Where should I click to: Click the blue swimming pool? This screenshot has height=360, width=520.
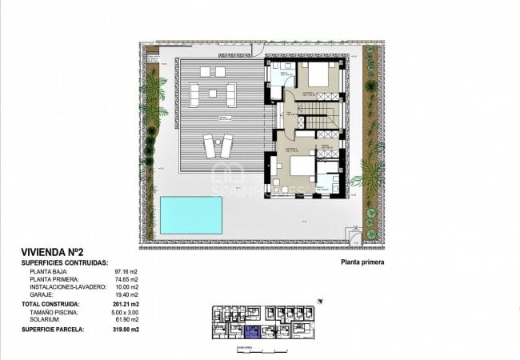click(190, 214)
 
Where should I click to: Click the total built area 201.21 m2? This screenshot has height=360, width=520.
click(126, 305)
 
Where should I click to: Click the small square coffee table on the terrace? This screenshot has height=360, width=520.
click(213, 94)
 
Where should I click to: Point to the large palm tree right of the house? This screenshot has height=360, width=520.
click(370, 172)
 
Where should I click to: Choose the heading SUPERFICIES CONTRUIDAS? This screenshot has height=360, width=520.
click(64, 262)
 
